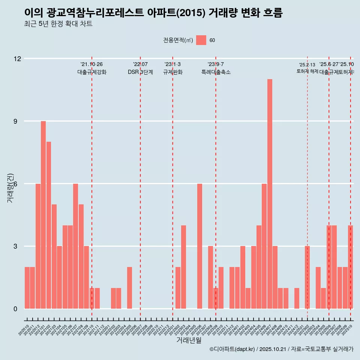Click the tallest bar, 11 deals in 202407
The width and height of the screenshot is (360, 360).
(x=270, y=194)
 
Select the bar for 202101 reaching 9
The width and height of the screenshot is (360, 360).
(x=43, y=215)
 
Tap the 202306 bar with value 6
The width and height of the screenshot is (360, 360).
(x=199, y=246)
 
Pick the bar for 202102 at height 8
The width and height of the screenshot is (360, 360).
(x=49, y=225)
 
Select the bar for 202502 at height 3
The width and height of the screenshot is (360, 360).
(x=307, y=277)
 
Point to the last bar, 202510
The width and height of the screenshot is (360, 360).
(x=350, y=267)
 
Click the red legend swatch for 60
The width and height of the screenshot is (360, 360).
(x=201, y=40)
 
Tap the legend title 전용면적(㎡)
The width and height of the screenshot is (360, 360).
(x=178, y=40)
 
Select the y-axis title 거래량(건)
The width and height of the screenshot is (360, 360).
(x=10, y=187)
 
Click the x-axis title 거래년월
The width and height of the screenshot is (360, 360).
(x=189, y=340)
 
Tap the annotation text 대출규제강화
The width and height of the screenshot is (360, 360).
(x=92, y=72)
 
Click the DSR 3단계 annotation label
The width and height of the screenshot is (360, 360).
(x=140, y=72)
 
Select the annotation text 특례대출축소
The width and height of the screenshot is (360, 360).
(x=216, y=72)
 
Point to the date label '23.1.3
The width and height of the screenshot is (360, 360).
(x=172, y=64)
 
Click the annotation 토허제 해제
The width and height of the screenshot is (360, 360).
(x=307, y=71)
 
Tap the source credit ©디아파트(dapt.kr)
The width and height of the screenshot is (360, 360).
(x=232, y=349)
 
